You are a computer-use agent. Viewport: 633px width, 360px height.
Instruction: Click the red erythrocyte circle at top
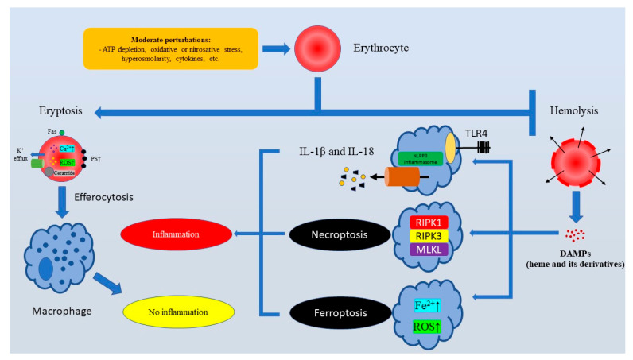click(316, 48)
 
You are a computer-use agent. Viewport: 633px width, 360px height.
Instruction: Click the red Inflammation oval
click(177, 235)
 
